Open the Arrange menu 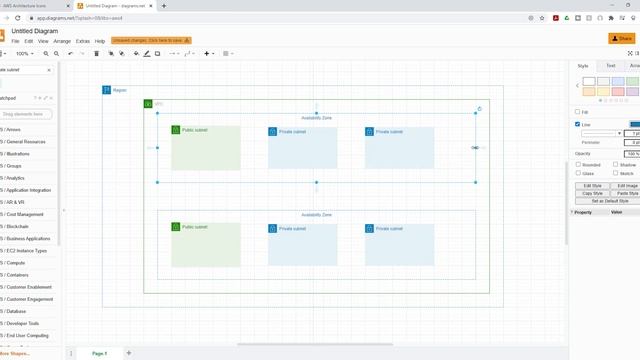coord(63,41)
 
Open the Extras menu coord(83,41)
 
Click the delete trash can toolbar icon coord(96,54)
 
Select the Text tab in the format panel coord(611,66)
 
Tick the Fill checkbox coord(577,112)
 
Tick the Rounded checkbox coord(577,165)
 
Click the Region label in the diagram coord(119,91)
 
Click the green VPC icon coord(147,104)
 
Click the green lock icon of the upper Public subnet coord(176,130)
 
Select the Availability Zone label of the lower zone coord(316,215)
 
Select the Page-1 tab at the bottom coord(99,353)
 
